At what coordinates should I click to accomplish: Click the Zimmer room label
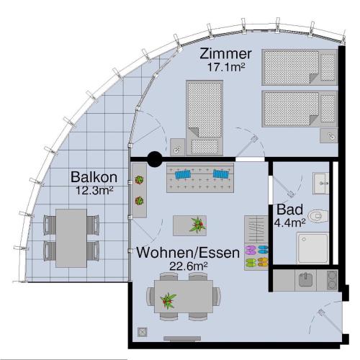point(225,54)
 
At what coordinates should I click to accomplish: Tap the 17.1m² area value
point(226,67)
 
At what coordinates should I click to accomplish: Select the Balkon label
point(94,177)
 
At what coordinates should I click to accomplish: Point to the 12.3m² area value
point(94,191)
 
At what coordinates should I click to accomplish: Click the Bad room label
point(289,210)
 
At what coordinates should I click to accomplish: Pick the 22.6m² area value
point(189,266)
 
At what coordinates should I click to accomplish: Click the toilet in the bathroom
point(318,216)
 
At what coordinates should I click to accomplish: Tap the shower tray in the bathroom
point(312,248)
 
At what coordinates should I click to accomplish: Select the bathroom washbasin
point(321,183)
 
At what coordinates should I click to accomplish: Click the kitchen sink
point(305,280)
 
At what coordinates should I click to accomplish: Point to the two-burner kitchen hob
point(332,280)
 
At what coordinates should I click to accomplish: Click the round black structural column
point(155,159)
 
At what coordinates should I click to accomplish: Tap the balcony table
point(71,238)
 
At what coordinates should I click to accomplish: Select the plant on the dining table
point(168,301)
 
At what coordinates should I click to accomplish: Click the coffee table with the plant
point(190,225)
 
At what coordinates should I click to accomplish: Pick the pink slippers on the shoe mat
point(251,250)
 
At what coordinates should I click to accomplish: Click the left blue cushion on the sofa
point(183,174)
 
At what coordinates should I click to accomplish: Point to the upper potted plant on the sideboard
point(139,179)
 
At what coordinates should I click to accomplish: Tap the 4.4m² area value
point(289,223)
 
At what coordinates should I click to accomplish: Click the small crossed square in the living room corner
point(142,332)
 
